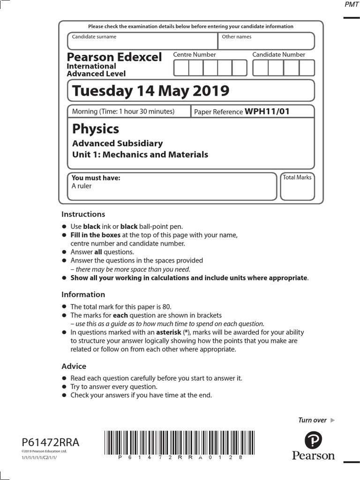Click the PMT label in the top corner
tap(352, 4)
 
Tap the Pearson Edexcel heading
tap(114, 57)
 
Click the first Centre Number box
tap(181, 68)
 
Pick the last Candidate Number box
tap(307, 68)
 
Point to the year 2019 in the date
tap(210, 90)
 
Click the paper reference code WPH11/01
tap(267, 112)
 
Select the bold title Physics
tap(96, 129)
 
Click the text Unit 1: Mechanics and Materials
tap(140, 155)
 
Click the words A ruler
tap(82, 186)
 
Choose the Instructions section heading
tap(83, 214)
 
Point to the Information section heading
tap(83, 294)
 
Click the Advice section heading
tap(74, 366)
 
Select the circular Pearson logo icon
tap(313, 440)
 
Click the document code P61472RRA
tap(51, 442)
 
